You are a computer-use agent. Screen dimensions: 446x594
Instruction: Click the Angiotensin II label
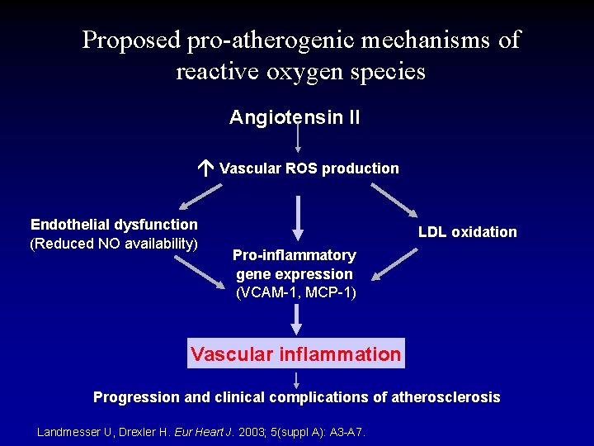295,117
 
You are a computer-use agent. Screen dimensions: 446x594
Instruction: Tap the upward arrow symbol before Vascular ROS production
206,168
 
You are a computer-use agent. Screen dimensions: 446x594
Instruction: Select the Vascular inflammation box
295,354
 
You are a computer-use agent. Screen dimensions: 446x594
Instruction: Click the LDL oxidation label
467,232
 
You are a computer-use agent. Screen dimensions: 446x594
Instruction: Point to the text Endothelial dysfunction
114,224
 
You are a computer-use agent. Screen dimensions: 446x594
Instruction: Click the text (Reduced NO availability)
114,243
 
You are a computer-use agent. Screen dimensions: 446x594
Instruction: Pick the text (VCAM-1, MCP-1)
295,292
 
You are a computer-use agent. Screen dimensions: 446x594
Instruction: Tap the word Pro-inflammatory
295,255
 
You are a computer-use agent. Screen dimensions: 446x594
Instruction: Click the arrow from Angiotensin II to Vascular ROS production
298,139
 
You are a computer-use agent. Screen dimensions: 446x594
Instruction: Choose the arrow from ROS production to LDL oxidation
394,197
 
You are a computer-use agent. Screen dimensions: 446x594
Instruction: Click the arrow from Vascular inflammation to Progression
297,378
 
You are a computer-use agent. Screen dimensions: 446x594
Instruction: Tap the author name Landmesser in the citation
73,432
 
